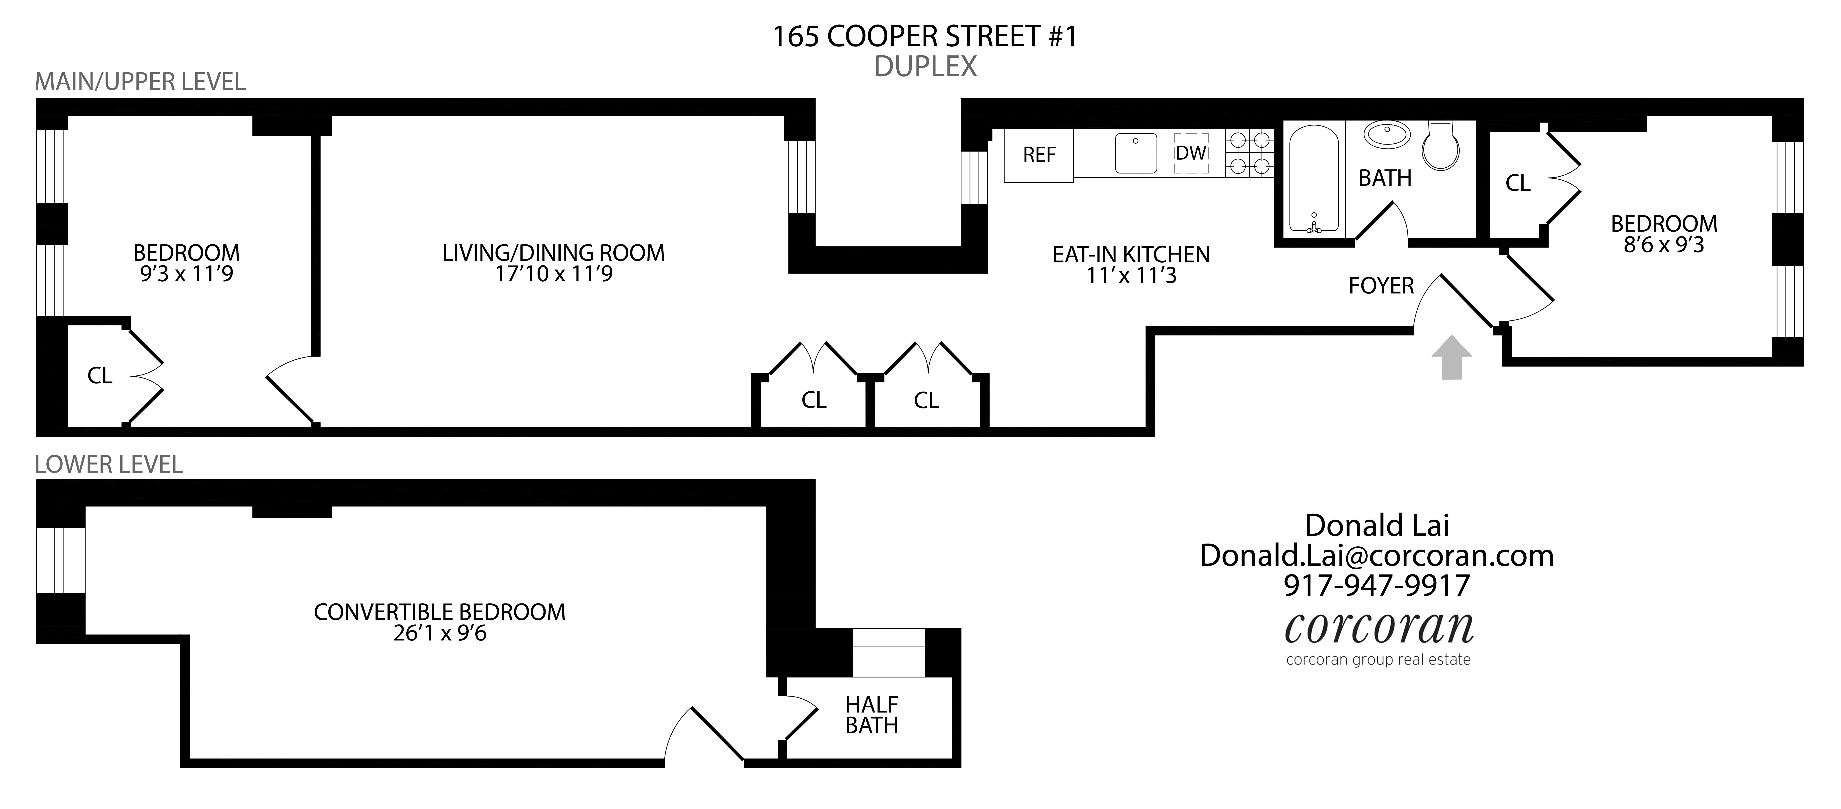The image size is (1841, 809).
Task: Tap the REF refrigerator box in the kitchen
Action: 1038,155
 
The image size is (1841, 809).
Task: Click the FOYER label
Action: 1381,286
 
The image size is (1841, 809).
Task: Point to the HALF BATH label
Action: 871,715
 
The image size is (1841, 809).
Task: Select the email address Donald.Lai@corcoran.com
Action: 1376,555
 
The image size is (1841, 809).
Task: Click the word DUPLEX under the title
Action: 925,66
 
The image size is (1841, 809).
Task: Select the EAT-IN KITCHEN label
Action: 1131,254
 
